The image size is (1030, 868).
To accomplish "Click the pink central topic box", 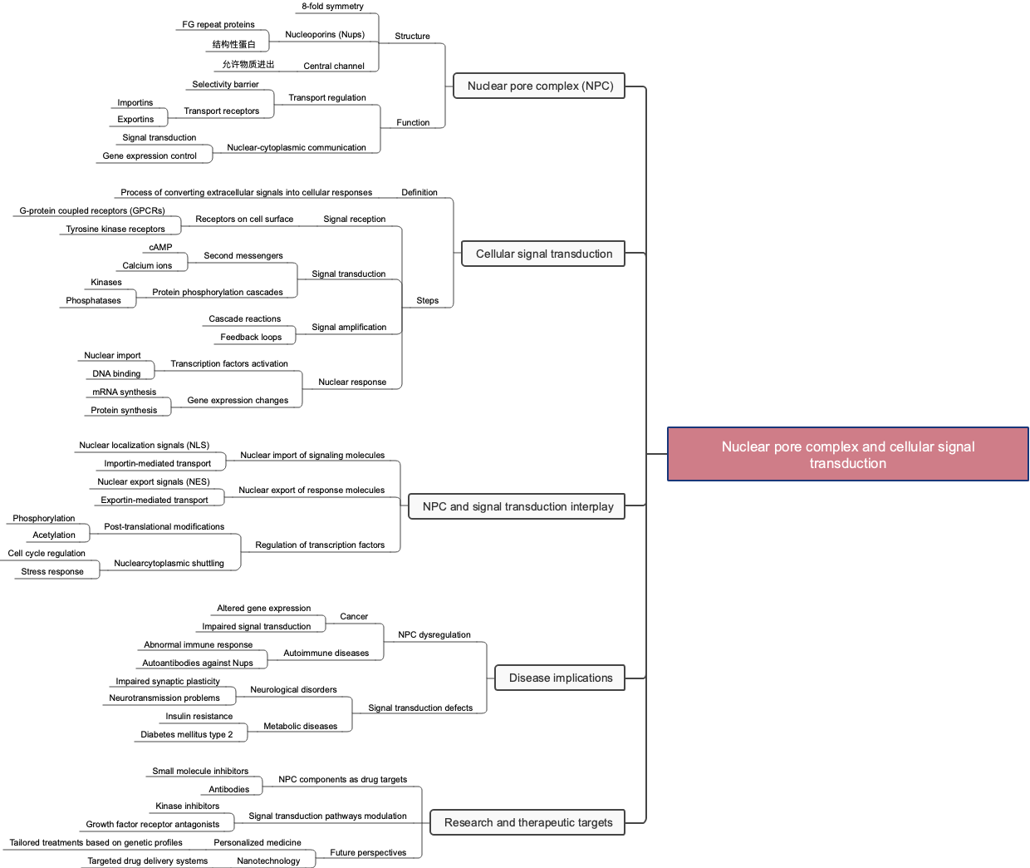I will [x=847, y=454].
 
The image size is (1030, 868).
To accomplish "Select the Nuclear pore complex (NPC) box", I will [x=540, y=86].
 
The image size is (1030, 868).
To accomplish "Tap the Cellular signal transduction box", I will [x=543, y=254].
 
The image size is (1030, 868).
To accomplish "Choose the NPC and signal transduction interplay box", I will [x=517, y=507].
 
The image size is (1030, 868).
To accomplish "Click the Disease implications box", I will [x=560, y=678].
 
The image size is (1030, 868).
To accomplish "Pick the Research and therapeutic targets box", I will [x=527, y=823].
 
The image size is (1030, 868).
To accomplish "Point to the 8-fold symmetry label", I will [x=332, y=7].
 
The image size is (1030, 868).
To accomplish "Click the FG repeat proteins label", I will [x=218, y=25].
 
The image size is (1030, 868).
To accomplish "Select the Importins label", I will [x=135, y=103].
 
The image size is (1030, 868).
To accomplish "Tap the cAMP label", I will [x=160, y=248].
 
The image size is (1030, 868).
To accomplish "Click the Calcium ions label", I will [x=147, y=266].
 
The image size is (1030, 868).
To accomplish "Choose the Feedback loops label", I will [x=251, y=338].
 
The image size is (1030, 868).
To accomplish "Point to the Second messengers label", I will [x=243, y=256].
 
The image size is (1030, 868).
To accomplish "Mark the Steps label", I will [x=428, y=301].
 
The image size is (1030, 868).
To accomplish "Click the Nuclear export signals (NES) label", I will [x=154, y=482].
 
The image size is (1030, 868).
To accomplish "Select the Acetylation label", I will [x=54, y=535].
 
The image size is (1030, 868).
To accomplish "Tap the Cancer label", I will [x=354, y=617].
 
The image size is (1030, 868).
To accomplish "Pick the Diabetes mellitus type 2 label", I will [x=187, y=735].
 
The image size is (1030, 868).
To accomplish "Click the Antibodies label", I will [x=229, y=790].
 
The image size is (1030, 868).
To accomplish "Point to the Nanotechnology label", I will [x=268, y=861].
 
